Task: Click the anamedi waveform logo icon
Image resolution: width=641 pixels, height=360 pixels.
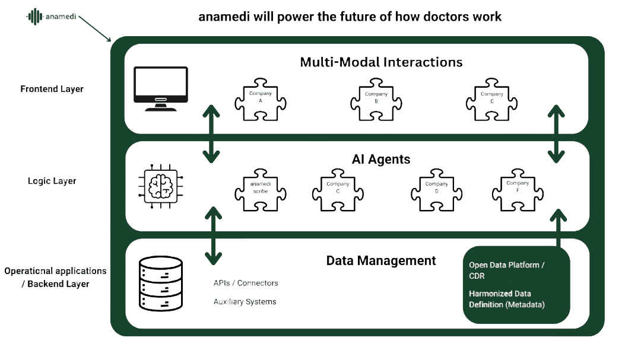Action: point(35,17)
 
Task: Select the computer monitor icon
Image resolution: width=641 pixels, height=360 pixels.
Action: point(161,89)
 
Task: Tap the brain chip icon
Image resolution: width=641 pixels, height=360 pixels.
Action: point(161,187)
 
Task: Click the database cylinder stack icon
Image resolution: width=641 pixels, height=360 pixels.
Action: point(161,283)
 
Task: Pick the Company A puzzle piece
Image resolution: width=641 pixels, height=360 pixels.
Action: point(261,100)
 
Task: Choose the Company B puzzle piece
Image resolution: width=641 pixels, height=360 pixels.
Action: point(376,100)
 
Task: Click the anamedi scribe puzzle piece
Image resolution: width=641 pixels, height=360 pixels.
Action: point(261,190)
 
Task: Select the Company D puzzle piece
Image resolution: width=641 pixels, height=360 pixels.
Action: point(437,190)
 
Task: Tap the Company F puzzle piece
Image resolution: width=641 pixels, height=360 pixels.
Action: point(518,190)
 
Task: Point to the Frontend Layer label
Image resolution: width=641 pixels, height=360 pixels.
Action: point(52,89)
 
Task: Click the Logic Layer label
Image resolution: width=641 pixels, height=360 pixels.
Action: point(52,181)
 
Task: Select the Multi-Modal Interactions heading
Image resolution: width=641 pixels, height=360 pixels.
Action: point(381,62)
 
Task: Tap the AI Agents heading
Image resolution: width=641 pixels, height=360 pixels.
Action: point(381,160)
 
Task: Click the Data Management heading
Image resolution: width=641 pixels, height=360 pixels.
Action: point(381,261)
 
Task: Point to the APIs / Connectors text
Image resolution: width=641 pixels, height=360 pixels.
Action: point(246,283)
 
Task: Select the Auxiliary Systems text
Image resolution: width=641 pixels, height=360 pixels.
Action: point(245,302)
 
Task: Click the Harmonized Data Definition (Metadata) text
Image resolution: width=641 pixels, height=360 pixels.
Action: point(507,299)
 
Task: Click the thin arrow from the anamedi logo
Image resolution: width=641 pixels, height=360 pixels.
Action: point(95,28)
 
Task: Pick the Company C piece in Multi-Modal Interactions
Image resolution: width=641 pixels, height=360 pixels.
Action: point(492,100)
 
